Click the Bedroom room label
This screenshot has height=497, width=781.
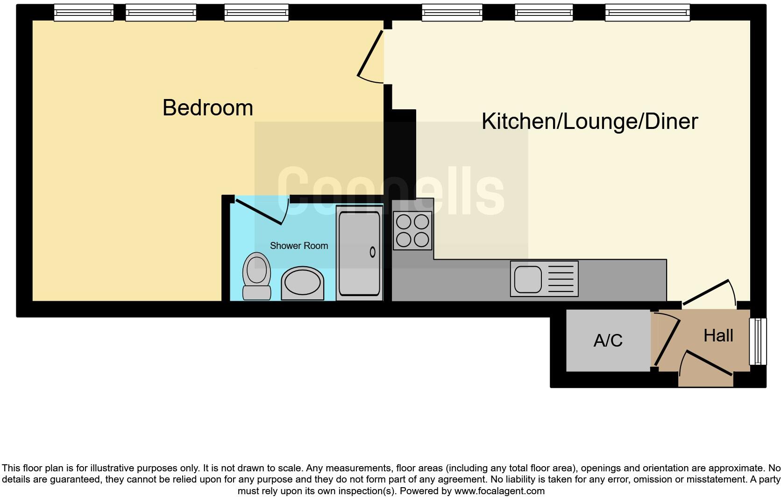click(x=208, y=108)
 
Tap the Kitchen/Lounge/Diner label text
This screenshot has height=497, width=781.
click(x=589, y=121)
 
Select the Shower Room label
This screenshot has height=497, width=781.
click(x=299, y=246)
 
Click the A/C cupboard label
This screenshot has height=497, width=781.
click(x=608, y=341)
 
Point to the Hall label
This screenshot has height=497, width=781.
click(x=718, y=335)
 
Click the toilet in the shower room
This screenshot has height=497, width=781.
click(x=256, y=277)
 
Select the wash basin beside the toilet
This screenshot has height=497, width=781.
click(x=302, y=284)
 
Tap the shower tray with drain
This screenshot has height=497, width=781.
click(x=359, y=253)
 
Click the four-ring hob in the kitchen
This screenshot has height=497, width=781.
click(x=412, y=231)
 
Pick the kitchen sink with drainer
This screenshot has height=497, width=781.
click(x=544, y=279)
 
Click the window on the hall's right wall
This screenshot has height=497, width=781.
click(x=758, y=341)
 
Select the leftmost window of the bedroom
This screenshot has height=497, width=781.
click(x=84, y=13)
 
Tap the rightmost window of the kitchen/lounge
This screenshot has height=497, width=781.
click(x=647, y=13)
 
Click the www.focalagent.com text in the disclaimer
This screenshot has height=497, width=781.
click(x=499, y=491)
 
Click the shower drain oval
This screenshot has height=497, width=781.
click(x=373, y=252)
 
